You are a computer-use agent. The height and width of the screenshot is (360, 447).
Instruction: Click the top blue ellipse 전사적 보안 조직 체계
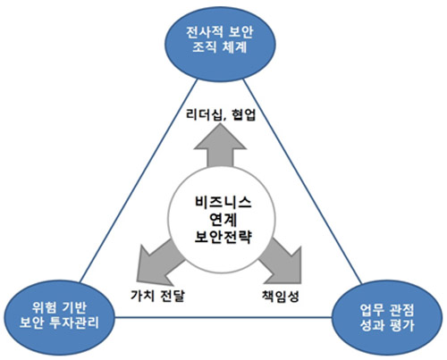(x=220, y=44)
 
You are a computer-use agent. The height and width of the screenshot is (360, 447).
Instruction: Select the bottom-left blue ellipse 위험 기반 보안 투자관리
(x=59, y=317)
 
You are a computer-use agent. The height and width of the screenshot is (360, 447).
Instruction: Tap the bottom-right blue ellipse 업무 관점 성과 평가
(x=387, y=317)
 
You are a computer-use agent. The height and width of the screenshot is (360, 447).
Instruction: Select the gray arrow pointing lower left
(x=158, y=262)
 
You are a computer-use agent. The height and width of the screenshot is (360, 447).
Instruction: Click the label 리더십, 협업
(x=221, y=115)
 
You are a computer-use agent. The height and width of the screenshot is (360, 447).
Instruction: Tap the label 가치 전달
(x=157, y=296)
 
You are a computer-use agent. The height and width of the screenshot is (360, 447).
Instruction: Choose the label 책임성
(x=281, y=296)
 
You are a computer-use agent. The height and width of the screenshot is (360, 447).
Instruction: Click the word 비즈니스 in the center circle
(x=223, y=203)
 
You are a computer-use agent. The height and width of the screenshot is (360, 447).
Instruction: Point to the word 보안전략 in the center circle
(x=223, y=237)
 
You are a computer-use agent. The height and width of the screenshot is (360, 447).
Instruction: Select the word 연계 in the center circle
(x=223, y=220)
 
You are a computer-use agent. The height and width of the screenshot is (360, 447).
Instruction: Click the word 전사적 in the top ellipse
(x=205, y=33)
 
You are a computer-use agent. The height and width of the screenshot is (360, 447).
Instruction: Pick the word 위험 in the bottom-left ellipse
(x=44, y=308)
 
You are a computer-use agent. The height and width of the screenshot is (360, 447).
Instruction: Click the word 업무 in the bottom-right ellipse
(x=372, y=311)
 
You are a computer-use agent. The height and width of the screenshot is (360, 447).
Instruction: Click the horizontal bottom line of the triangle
(x=223, y=317)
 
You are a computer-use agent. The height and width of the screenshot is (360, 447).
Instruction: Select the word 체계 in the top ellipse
(x=235, y=47)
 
